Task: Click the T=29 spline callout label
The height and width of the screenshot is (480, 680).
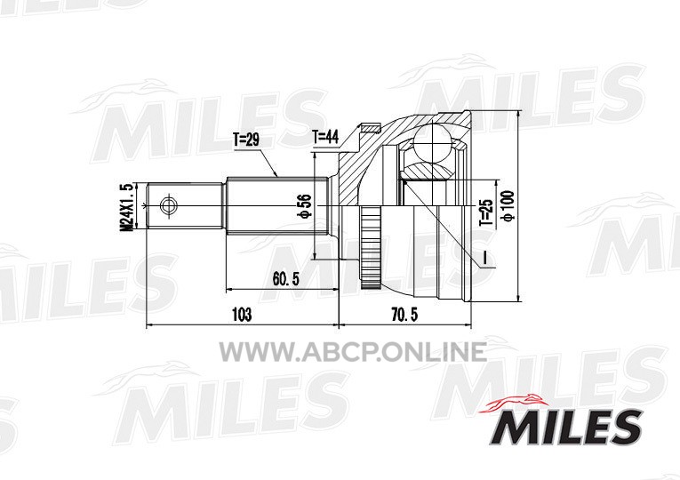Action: [x=245, y=140]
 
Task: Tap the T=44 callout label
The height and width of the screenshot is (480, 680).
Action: [x=325, y=138]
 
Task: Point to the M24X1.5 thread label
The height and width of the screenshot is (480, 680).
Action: [x=126, y=206]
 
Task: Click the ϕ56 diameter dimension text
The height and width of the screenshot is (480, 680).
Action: [x=306, y=205]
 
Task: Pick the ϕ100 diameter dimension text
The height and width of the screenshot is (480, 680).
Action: [x=508, y=206]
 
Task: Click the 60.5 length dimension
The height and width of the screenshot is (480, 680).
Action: [x=286, y=279]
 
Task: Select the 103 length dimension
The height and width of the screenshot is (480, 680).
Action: [x=242, y=314]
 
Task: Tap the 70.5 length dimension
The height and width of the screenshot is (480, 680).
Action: [x=404, y=315]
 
